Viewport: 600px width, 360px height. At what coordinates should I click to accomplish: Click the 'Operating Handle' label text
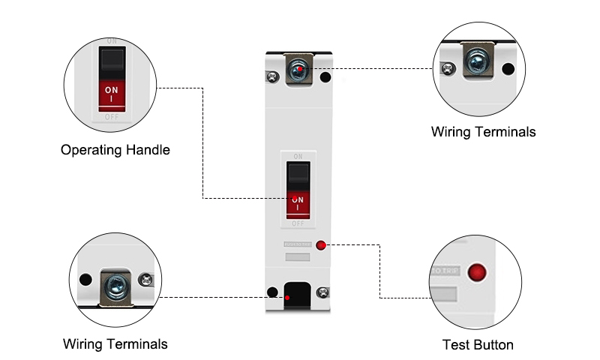115,150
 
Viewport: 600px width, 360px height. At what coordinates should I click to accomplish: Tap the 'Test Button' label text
478,345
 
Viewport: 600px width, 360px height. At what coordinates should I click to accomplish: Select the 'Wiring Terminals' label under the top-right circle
483,132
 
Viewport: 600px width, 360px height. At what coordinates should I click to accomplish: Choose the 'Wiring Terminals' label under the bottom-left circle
115,344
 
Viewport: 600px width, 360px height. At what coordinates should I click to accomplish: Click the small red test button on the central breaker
322,245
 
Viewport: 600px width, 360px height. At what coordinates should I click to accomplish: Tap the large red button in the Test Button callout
475,271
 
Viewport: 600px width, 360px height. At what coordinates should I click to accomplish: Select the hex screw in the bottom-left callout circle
116,284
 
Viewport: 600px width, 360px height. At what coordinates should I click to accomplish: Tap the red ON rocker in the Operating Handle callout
111,93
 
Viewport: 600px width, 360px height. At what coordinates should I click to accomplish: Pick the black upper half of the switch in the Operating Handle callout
111,58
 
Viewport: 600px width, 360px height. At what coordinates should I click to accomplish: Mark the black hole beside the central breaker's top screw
325,76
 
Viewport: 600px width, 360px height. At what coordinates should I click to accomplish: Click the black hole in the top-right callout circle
508,70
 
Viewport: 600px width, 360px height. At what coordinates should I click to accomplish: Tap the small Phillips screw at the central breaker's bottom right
322,292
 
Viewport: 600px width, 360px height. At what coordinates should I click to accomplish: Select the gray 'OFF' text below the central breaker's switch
298,223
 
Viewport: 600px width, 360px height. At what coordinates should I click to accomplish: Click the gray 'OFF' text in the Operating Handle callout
111,117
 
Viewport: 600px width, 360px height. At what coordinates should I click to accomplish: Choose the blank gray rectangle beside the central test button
297,256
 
